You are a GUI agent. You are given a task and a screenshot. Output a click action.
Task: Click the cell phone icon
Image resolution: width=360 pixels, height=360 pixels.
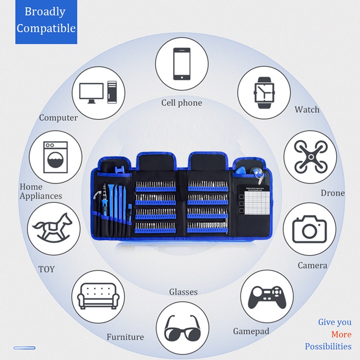pyautogui.click(x=182, y=64)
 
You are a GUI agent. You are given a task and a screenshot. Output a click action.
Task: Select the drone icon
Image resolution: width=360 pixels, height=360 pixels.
pyautogui.click(x=310, y=157)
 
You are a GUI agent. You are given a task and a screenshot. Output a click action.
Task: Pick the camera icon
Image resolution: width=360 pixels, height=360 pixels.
pyautogui.click(x=310, y=229)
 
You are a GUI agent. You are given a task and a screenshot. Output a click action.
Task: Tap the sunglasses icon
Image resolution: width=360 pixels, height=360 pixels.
pyautogui.click(x=182, y=328)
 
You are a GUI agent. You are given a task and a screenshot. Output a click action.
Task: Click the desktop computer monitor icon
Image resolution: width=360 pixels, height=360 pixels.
pyautogui.click(x=94, y=92)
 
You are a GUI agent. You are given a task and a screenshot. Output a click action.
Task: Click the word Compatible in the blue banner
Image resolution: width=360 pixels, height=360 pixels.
pyautogui.click(x=46, y=28)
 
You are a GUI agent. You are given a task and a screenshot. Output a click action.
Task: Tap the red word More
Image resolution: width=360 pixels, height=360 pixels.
pyautogui.click(x=341, y=334)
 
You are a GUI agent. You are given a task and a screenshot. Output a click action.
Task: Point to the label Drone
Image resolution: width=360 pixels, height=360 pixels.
pyautogui.click(x=333, y=193)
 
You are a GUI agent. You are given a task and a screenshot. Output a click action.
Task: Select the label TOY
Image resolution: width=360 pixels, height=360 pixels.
pyautogui.click(x=46, y=269)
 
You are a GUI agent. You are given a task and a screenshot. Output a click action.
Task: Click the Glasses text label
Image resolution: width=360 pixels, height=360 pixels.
pyautogui.click(x=183, y=292)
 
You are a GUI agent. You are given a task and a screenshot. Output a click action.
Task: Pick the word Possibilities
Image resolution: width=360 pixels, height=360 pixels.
pyautogui.click(x=328, y=346)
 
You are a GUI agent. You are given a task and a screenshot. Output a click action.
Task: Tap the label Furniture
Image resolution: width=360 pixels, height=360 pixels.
pyautogui.click(x=125, y=337)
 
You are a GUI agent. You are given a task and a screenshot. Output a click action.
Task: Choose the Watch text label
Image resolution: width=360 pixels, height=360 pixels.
pyautogui.click(x=307, y=110)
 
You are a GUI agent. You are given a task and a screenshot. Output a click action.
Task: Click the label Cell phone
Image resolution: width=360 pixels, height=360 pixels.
pyautogui.click(x=182, y=103)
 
